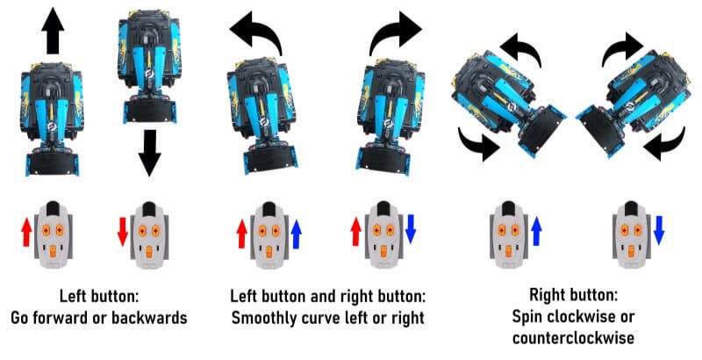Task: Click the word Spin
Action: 526,317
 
